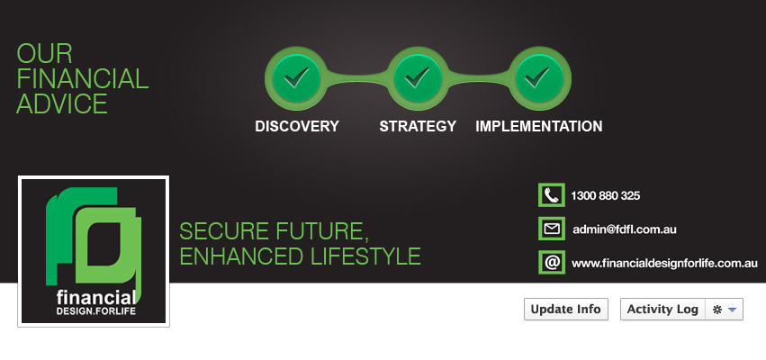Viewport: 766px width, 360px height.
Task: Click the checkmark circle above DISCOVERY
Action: tap(296, 78)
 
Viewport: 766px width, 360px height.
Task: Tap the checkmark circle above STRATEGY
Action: tap(418, 78)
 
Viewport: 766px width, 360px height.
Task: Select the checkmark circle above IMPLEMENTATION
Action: tap(540, 78)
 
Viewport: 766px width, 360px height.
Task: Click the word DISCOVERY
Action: tap(296, 126)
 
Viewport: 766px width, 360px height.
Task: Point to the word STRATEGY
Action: tap(418, 126)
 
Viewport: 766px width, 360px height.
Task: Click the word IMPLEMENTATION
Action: tap(539, 126)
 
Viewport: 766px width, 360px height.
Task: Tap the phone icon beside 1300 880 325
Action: tap(552, 195)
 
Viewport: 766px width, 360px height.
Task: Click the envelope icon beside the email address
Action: tap(552, 229)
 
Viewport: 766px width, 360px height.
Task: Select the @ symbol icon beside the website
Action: tap(552, 262)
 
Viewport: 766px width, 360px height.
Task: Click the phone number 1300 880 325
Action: tap(605, 196)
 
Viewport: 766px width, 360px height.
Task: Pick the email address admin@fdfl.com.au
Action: tap(625, 229)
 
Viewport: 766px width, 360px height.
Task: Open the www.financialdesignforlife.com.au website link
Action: tap(664, 264)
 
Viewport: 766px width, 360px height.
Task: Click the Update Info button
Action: tap(565, 310)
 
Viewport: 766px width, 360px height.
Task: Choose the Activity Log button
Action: tap(662, 310)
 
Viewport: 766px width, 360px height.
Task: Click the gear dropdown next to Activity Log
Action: tap(724, 310)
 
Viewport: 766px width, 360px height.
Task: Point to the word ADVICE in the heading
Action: tap(62, 103)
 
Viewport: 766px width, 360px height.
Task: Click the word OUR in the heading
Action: tap(44, 53)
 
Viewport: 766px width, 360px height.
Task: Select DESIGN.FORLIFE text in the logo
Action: tap(96, 310)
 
